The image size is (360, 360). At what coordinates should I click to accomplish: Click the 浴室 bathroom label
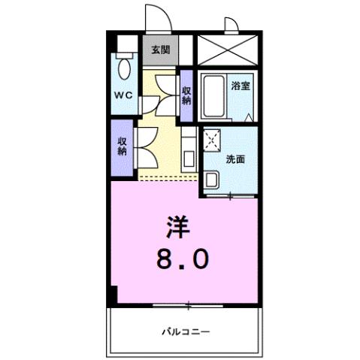click(x=241, y=86)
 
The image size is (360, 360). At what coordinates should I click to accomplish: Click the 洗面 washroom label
click(x=235, y=159)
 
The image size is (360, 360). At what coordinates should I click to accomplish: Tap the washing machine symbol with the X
click(x=213, y=139)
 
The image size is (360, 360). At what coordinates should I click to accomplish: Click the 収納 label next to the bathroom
click(x=186, y=95)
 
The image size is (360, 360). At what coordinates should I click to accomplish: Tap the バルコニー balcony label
click(x=184, y=331)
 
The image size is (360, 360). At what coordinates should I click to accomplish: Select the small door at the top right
click(x=232, y=26)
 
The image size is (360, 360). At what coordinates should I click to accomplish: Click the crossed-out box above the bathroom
click(x=227, y=53)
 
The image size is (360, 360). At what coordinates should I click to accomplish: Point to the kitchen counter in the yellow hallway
click(x=189, y=149)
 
